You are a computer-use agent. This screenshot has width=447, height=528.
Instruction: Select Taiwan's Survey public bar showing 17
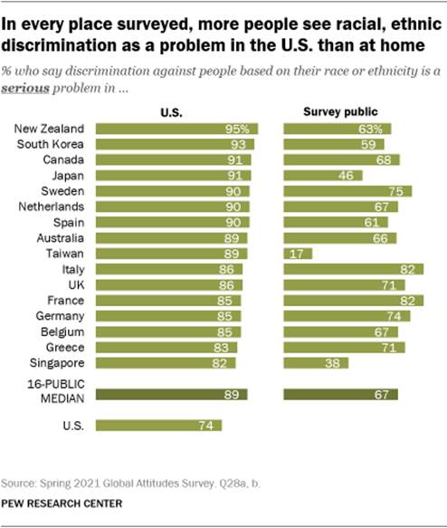pyautogui.click(x=298, y=254)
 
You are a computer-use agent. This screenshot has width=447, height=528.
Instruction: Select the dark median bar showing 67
pyautogui.click(x=340, y=394)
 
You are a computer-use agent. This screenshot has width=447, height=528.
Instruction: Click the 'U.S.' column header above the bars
pyautogui.click(x=172, y=111)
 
